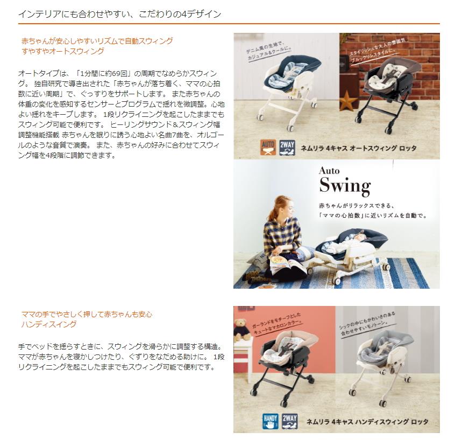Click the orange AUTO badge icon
click(x=268, y=148)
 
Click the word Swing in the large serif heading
click(x=344, y=186)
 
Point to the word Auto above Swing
click(x=329, y=171)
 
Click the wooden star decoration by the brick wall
click(x=348, y=101)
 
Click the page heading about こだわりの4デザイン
click(x=119, y=14)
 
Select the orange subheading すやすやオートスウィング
click(x=63, y=51)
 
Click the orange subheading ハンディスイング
click(x=49, y=324)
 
